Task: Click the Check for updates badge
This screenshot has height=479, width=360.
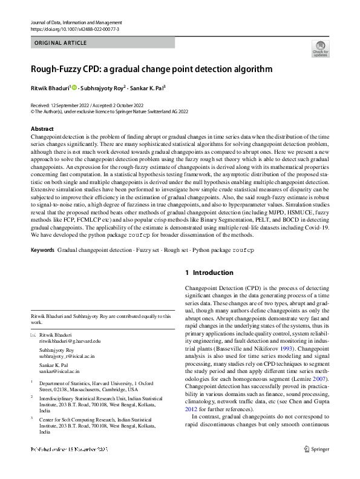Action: (x=320, y=48)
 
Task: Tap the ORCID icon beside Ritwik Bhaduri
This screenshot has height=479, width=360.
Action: (x=74, y=88)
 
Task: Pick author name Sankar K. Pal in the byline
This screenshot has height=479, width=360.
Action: (x=148, y=88)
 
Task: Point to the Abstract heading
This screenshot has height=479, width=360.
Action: (x=42, y=129)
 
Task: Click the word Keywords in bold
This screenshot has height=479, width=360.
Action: (x=43, y=250)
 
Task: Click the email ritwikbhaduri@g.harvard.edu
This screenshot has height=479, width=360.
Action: (x=70, y=341)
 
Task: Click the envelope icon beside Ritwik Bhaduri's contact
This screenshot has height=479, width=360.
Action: (x=33, y=334)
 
